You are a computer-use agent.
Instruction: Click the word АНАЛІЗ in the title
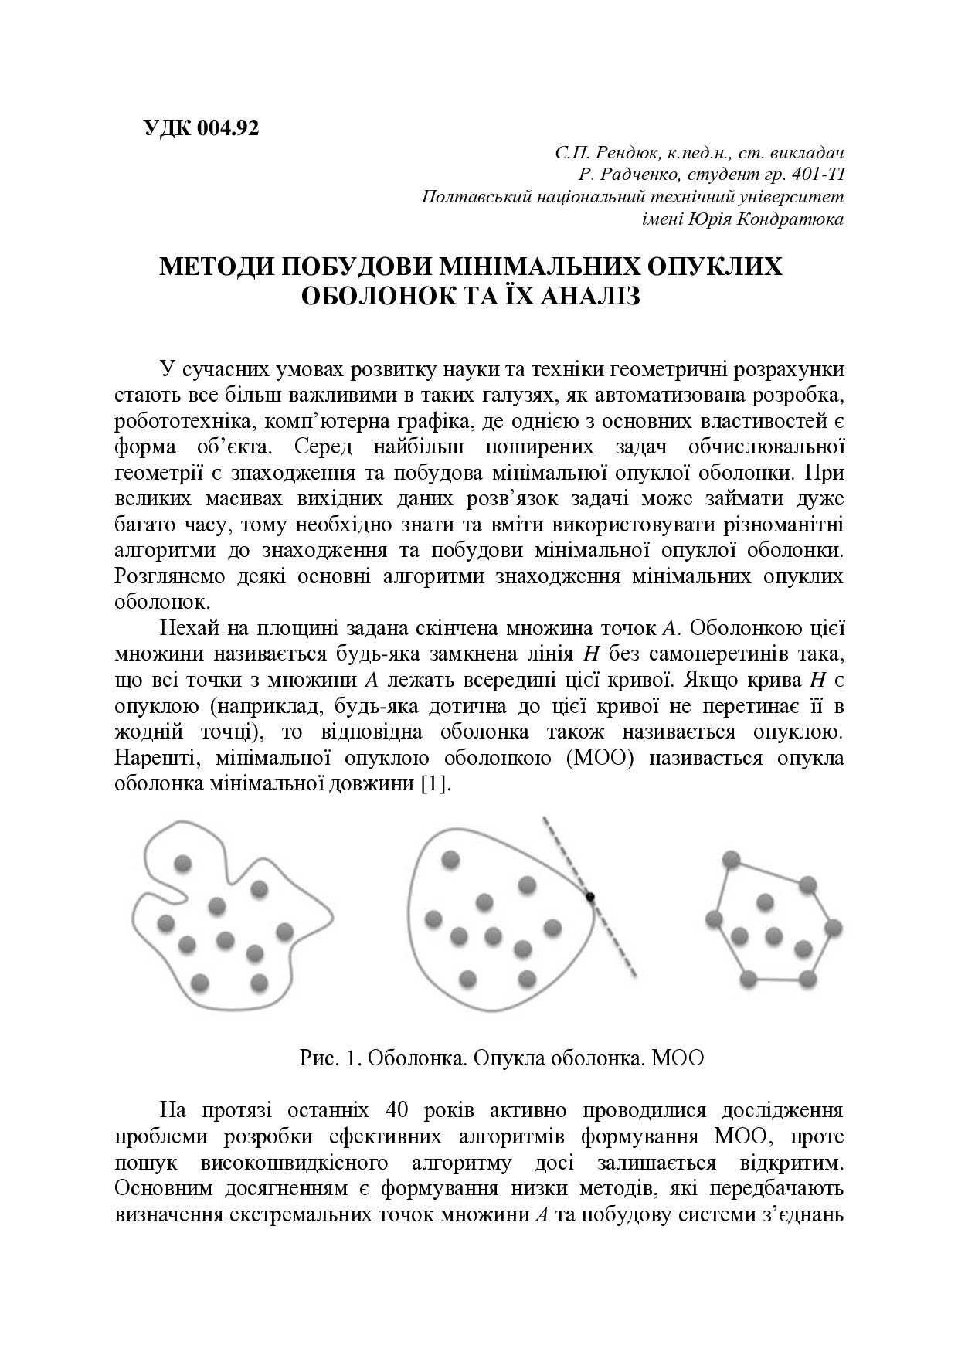[590, 297]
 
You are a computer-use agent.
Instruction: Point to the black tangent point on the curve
[590, 897]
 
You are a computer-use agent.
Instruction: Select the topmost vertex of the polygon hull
[730, 858]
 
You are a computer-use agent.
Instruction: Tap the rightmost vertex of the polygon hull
[832, 927]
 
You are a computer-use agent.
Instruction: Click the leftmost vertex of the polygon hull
[714, 919]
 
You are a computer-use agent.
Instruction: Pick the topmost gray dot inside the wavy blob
[182, 863]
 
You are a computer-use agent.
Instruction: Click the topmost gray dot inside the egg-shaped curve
[450, 859]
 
